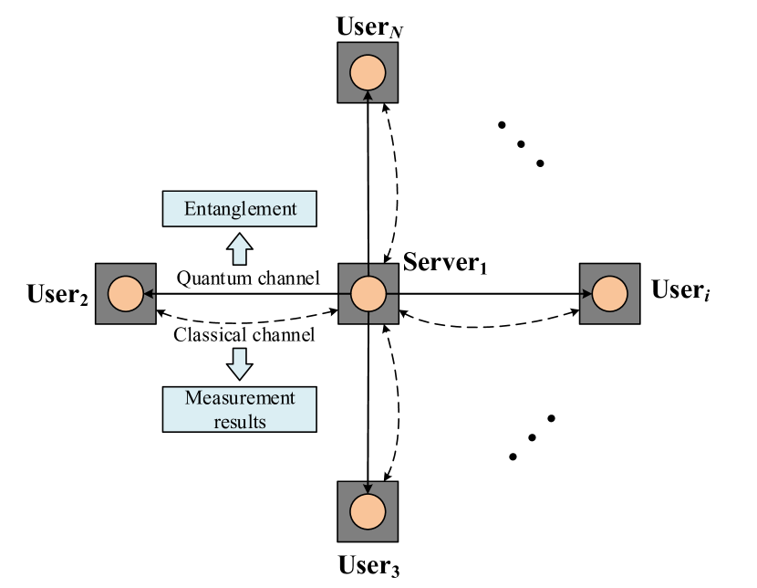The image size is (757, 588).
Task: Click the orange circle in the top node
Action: [368, 71]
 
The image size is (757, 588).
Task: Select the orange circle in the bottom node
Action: [368, 510]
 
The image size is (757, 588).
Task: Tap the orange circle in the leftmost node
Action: [126, 294]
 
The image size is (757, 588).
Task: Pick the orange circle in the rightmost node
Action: [609, 294]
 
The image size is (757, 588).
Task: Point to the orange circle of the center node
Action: [368, 294]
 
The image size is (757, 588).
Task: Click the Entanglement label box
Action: [239, 209]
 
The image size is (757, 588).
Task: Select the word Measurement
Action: [240, 398]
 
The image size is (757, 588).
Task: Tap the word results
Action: [240, 421]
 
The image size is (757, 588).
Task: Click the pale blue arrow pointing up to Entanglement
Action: [239, 249]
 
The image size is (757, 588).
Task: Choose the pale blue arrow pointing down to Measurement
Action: [239, 362]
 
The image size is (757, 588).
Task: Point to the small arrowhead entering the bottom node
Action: [368, 488]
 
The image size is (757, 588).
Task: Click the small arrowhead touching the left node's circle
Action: [148, 294]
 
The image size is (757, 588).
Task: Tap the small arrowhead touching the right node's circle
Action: [587, 294]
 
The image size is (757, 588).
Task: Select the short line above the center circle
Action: [368, 270]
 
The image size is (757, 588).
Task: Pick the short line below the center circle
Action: [368, 317]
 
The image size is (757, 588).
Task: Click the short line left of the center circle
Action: [344, 294]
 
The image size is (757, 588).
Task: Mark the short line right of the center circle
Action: [391, 294]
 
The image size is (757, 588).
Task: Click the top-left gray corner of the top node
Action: [344, 48]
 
